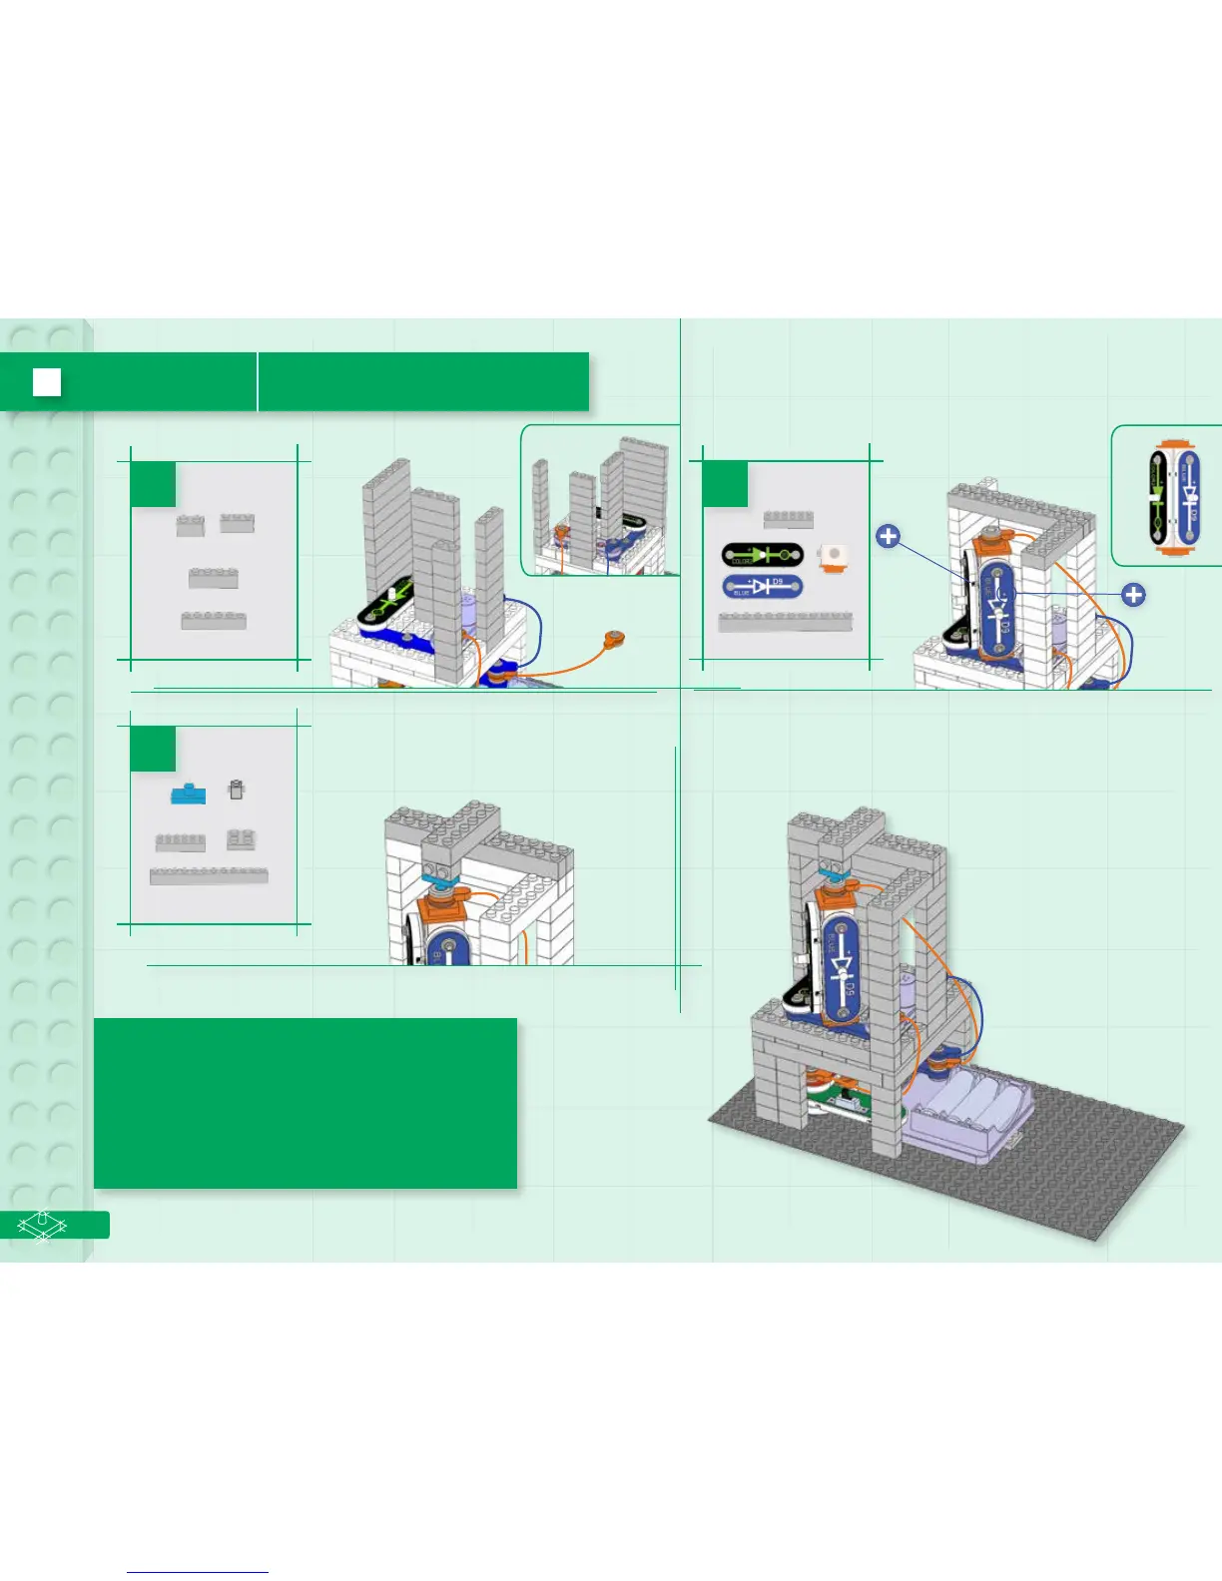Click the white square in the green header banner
47,382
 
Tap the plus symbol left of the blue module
888,537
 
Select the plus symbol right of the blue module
1133,595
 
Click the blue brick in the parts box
188,793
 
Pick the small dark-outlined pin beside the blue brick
236,790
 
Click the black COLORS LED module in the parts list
762,555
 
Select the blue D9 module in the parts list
762,586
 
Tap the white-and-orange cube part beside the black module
832,556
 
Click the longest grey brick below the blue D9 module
786,622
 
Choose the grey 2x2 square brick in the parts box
241,838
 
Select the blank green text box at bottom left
305,1103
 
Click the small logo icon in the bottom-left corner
42,1225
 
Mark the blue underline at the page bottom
198,1572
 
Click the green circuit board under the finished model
849,1108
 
